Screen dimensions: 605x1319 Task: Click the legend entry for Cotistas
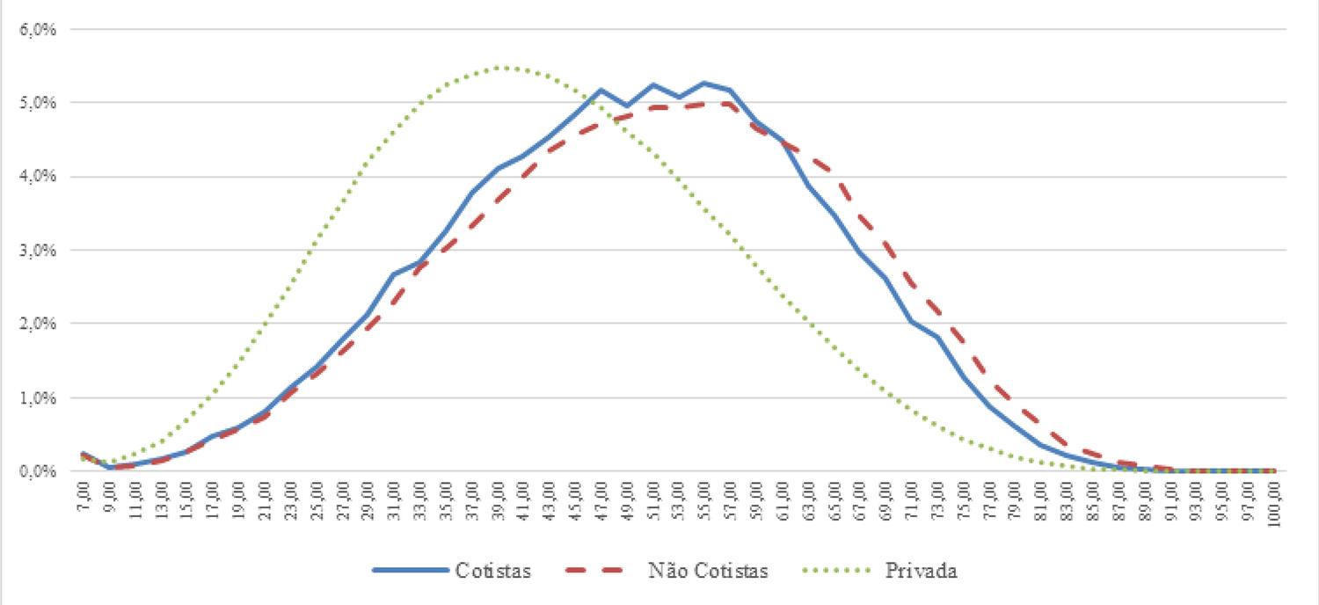[x=492, y=571]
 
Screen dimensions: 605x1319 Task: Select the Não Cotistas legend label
[x=708, y=571]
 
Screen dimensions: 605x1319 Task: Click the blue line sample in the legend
[x=407, y=571]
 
